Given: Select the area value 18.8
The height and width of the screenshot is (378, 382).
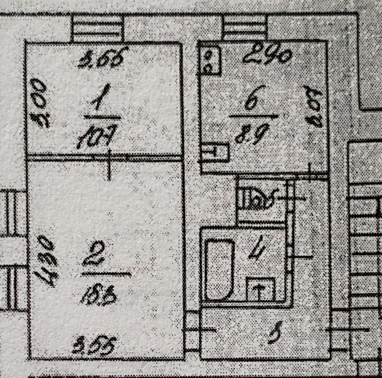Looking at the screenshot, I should coord(97,294).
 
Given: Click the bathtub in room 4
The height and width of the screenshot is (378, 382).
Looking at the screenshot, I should coord(220,270).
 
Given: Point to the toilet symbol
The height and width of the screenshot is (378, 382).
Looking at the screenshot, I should coord(258,198).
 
